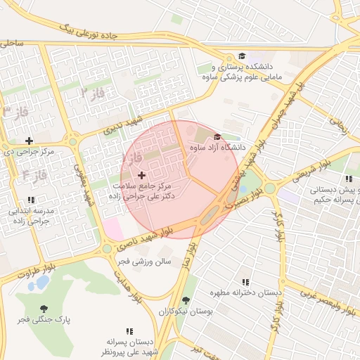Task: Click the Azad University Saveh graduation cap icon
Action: click(x=217, y=136)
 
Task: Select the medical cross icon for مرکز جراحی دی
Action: click(x=29, y=141)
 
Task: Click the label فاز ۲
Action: click(x=92, y=93)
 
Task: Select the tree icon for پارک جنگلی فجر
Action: click(x=44, y=309)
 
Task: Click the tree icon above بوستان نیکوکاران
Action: click(x=186, y=300)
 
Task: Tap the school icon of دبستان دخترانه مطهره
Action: click(x=245, y=281)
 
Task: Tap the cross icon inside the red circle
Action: click(x=141, y=174)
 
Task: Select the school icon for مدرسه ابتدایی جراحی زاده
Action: click(x=30, y=200)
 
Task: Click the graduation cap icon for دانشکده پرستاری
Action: click(x=242, y=56)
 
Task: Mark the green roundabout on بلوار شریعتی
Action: click(x=270, y=188)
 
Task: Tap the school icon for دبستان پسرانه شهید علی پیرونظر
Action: click(x=129, y=330)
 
